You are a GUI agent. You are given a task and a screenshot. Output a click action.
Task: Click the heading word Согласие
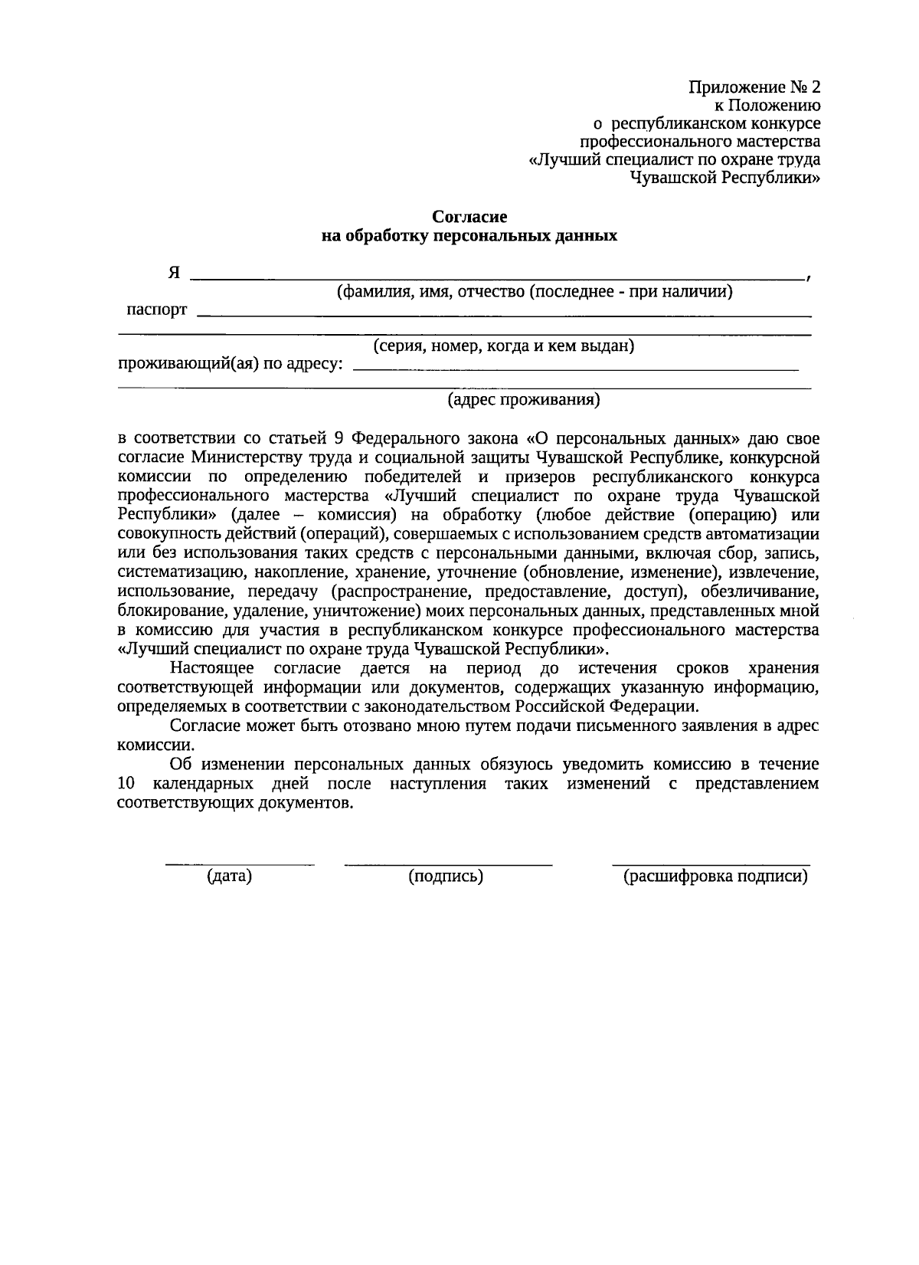(469, 218)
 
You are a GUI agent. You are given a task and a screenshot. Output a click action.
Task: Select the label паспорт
(156, 310)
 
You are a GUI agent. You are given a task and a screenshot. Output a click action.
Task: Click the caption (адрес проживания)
(523, 399)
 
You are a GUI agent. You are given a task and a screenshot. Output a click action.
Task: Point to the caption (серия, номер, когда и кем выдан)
(503, 346)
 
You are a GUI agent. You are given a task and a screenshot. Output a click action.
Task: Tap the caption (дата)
(229, 877)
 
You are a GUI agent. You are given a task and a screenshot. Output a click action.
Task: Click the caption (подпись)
(446, 877)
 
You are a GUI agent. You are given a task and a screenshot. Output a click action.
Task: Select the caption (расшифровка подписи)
(715, 877)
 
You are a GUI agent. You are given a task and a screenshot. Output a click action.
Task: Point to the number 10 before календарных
(125, 784)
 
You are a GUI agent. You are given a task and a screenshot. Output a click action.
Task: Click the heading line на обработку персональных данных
(469, 236)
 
